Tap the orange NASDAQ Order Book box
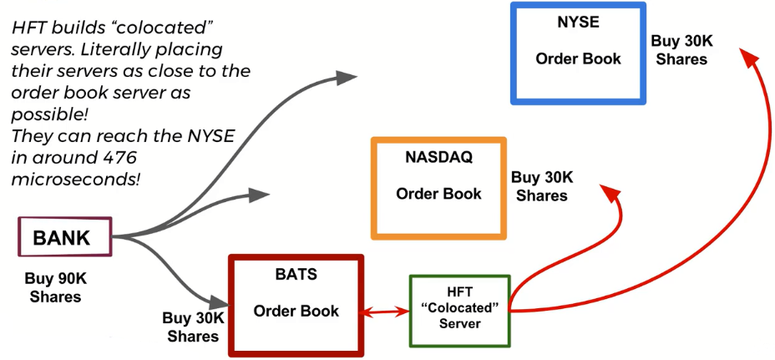click(x=438, y=188)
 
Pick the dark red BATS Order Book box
click(x=296, y=304)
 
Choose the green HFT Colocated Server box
click(x=459, y=310)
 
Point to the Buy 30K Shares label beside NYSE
click(x=681, y=50)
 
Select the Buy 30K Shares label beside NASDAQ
click(x=541, y=186)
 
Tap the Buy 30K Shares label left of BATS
click(x=193, y=327)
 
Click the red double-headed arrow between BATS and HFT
click(x=387, y=312)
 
